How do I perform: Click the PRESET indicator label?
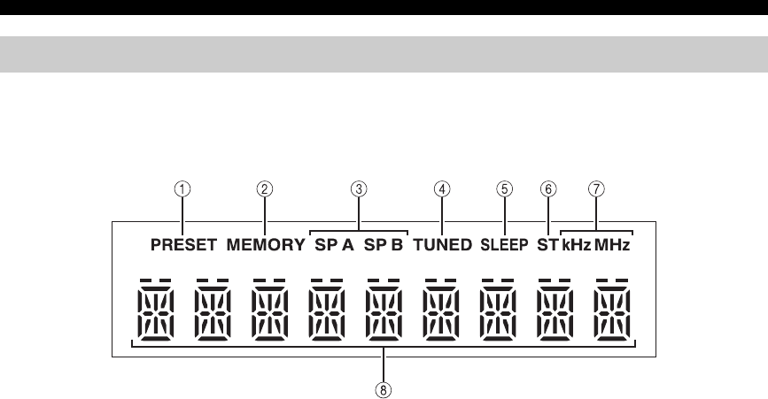tap(182, 246)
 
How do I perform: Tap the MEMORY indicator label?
tap(265, 246)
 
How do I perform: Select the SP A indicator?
tap(334, 246)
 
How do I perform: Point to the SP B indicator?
tap(384, 246)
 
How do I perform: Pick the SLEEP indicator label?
tap(505, 246)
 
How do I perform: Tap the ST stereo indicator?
tap(547, 246)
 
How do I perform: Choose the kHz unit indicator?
tap(576, 246)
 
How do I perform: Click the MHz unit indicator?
tap(613, 246)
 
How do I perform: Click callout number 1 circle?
tap(182, 188)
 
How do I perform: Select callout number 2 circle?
tap(264, 188)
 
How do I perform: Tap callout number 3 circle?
tap(359, 188)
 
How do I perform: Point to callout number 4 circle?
tap(441, 188)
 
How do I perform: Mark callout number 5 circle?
tap(505, 188)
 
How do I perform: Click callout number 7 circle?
tap(597, 188)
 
